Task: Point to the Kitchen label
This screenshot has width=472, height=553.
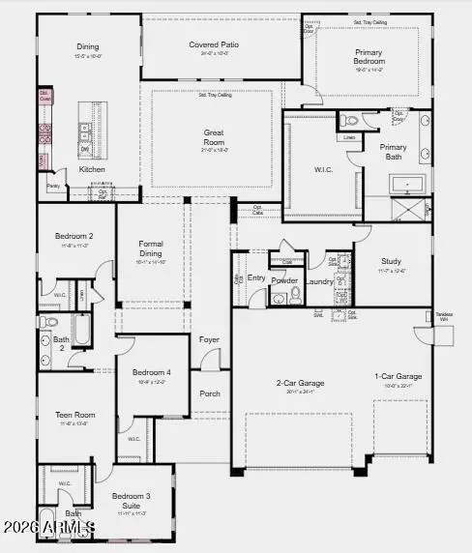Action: pyautogui.click(x=92, y=169)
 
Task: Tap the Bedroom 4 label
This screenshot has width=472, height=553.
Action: pyautogui.click(x=152, y=372)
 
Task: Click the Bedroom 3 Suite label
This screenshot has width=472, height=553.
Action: pyautogui.click(x=130, y=500)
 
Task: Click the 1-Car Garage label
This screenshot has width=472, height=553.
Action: pyautogui.click(x=399, y=376)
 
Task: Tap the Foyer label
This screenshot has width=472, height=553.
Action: pyautogui.click(x=210, y=339)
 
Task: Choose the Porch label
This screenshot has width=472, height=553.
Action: pyautogui.click(x=210, y=393)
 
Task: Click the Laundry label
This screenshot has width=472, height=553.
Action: pyautogui.click(x=319, y=281)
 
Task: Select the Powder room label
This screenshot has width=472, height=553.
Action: pyautogui.click(x=284, y=280)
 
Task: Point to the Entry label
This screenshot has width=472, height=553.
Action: pyautogui.click(x=256, y=277)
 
